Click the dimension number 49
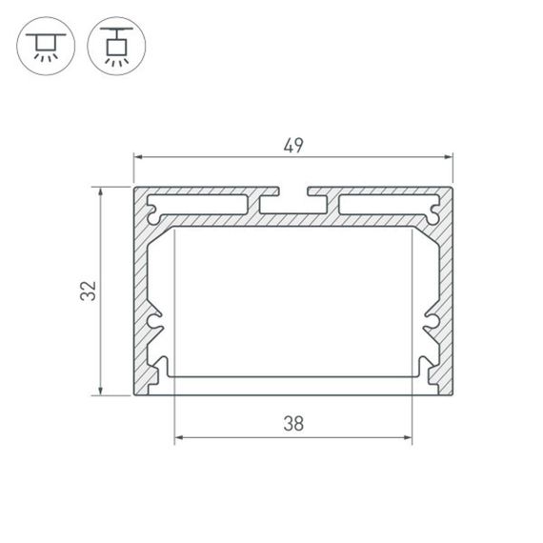coord(292,146)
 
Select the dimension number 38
coord(292,425)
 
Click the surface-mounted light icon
coord(44,44)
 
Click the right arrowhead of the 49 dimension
coord(449,157)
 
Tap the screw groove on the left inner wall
coord(156,327)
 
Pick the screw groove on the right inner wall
coord(430,327)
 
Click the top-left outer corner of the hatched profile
coord(133,188)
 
